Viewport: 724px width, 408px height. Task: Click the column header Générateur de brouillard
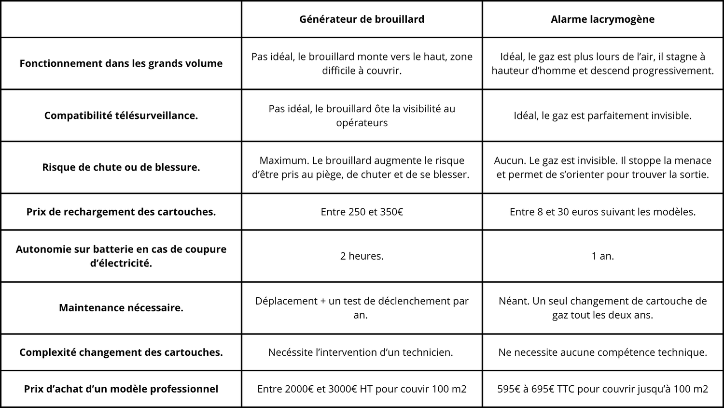click(362, 19)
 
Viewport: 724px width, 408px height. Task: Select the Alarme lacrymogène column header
click(602, 19)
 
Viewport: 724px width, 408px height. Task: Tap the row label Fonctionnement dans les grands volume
click(121, 63)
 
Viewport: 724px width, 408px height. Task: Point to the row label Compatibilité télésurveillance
click(121, 116)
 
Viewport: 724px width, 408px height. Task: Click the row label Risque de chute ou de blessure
click(121, 167)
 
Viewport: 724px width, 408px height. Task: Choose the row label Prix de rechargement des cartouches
click(121, 212)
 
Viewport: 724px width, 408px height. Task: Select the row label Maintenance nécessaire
click(121, 308)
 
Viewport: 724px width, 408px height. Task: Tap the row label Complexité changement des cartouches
click(121, 352)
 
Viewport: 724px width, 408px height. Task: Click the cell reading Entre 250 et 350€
click(362, 212)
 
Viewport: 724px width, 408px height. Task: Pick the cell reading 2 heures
click(362, 256)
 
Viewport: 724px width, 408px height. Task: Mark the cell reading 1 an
click(602, 256)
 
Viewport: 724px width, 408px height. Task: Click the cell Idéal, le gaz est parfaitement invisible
click(602, 116)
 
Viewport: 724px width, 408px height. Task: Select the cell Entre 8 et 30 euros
click(602, 212)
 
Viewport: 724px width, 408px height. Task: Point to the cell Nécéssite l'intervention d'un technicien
click(361, 352)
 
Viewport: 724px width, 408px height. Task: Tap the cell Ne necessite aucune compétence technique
click(602, 352)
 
